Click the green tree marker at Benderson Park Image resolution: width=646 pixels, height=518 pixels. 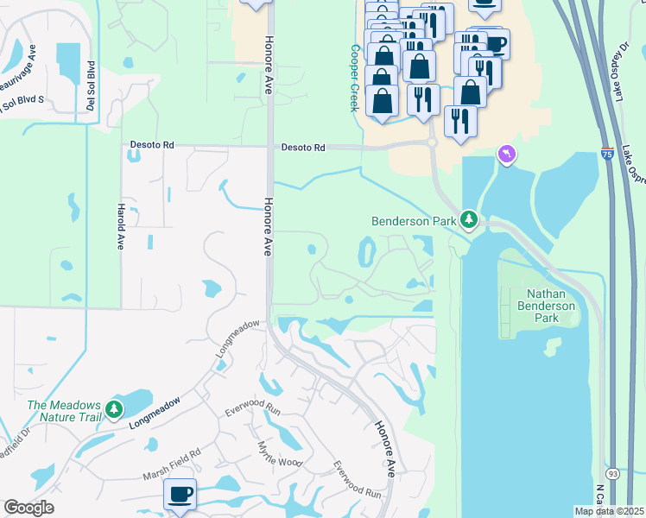click(469, 220)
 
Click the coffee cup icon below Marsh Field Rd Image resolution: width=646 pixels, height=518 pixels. click(180, 496)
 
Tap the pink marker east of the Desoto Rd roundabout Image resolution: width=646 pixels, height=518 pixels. click(506, 155)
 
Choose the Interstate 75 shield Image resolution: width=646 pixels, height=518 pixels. click(609, 153)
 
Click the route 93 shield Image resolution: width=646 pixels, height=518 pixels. click(612, 474)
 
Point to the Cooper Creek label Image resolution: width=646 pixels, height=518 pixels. click(353, 78)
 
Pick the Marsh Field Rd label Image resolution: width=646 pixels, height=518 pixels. click(171, 458)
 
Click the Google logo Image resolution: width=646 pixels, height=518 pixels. click(28, 508)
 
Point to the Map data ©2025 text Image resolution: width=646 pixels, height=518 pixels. click(609, 511)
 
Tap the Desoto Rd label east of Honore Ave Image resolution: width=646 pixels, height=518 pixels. click(302, 148)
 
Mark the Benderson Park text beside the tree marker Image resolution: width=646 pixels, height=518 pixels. click(413, 221)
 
